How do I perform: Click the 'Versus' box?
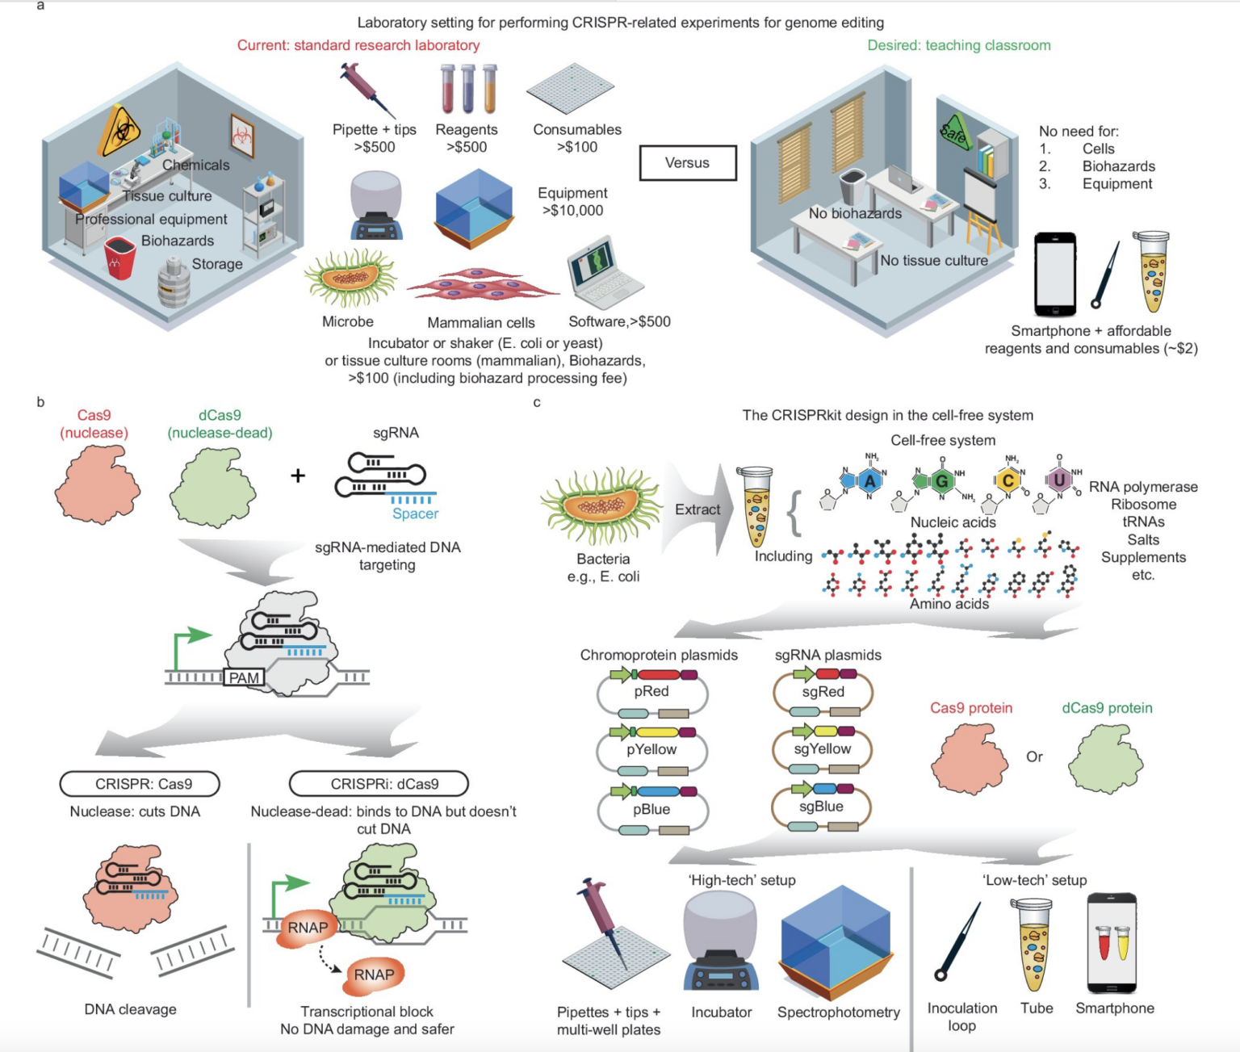688,163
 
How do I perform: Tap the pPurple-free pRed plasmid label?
651,692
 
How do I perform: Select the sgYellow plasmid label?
823,749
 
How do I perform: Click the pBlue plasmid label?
651,810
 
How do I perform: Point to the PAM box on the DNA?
244,678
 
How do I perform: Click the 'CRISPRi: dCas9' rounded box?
379,784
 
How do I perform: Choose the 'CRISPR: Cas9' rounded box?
140,784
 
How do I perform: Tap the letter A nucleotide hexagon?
869,482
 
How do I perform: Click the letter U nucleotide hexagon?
1059,480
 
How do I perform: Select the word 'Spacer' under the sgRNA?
415,514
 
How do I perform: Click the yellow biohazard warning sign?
119,131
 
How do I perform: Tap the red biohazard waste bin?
119,258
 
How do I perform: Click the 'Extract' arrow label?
697,510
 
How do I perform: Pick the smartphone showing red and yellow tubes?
1112,943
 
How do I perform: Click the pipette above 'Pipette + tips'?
368,90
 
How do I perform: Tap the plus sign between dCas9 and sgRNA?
298,476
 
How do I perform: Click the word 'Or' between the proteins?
1034,757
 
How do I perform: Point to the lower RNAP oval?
374,975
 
